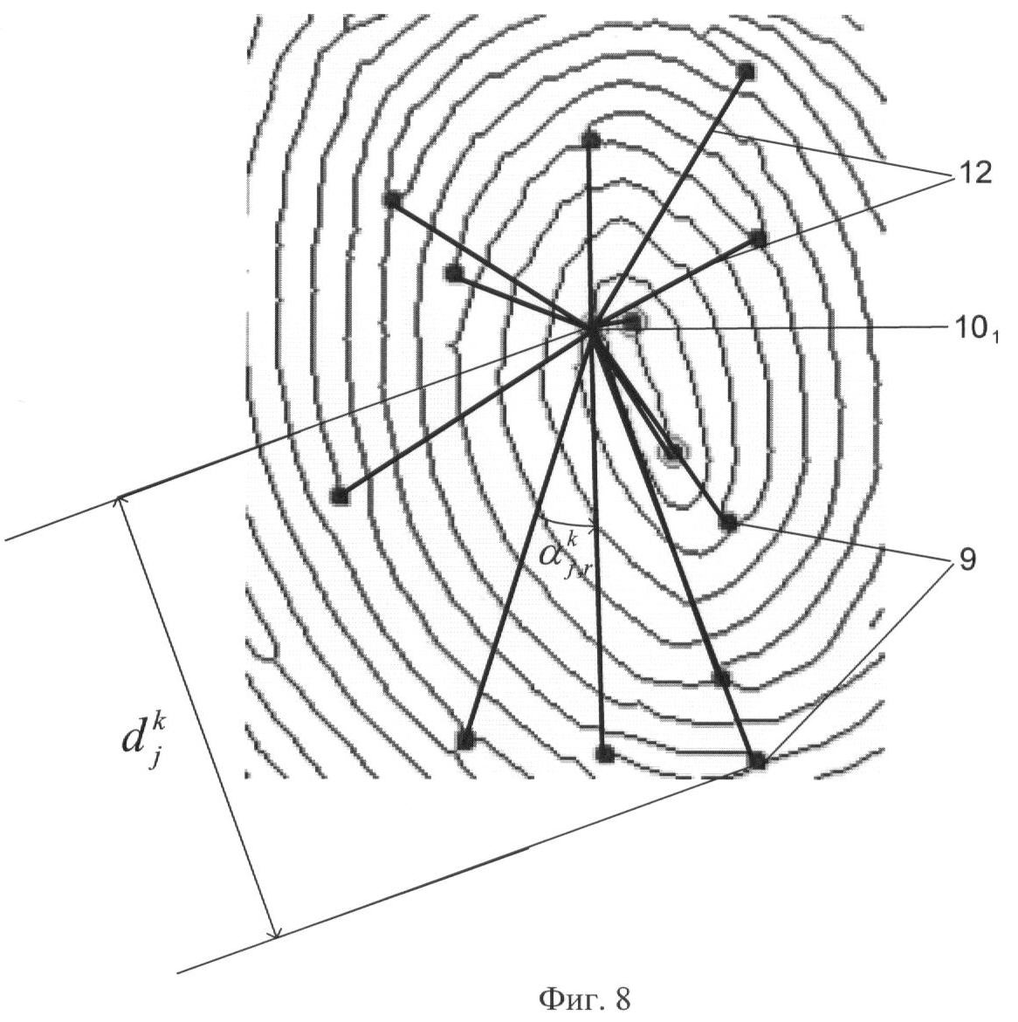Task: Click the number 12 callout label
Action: [x=974, y=174]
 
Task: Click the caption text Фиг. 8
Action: [x=585, y=998]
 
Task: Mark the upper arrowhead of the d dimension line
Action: [x=120, y=502]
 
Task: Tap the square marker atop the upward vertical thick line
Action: [x=590, y=140]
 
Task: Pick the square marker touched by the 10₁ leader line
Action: [x=632, y=321]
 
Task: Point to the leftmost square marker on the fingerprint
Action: [x=340, y=497]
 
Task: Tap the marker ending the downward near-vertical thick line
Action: [x=605, y=754]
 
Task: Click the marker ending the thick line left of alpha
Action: [x=465, y=740]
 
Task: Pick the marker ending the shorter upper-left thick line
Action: [x=453, y=273]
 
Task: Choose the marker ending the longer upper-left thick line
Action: [x=391, y=200]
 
